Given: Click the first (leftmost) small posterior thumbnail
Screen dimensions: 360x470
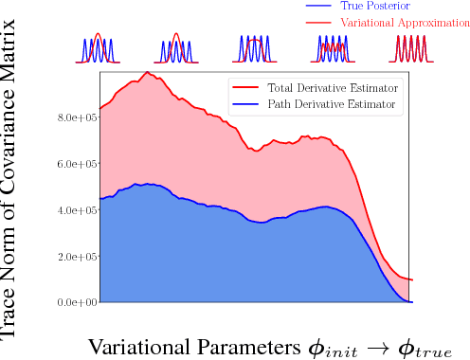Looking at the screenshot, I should tap(100, 49).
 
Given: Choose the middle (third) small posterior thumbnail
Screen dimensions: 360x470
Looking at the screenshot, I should tap(251, 49).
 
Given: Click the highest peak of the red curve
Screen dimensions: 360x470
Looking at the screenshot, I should tap(147, 72).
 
